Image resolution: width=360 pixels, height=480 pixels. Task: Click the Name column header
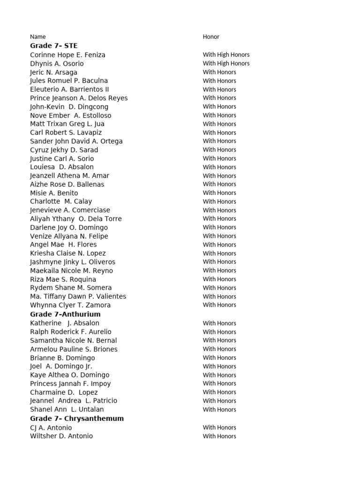tap(38, 37)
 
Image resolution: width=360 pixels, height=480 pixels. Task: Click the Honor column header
tap(211, 37)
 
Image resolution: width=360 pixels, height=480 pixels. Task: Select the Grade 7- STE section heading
tap(54, 46)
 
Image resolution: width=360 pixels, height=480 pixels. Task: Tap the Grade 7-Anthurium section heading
tap(65, 314)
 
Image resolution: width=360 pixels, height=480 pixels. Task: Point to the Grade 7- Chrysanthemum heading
tap(77, 419)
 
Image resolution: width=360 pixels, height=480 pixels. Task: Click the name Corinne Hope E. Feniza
tap(67, 55)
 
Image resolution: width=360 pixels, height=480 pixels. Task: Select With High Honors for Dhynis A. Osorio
tap(226, 63)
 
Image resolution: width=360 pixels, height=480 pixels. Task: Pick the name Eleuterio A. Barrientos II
tap(69, 90)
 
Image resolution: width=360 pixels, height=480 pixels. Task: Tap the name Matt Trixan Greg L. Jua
tap(67, 124)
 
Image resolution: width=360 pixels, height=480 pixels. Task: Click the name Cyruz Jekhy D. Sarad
tap(64, 150)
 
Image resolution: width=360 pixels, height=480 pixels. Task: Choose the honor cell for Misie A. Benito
tap(219, 193)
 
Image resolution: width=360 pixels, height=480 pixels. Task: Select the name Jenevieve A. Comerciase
tap(70, 210)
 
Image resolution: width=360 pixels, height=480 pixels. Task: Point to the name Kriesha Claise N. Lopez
tap(68, 253)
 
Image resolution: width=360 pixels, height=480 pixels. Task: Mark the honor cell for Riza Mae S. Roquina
tap(219, 279)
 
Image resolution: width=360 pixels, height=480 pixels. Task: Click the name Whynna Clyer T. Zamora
tap(70, 305)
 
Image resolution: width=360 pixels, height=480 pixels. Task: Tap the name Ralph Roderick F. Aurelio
tap(71, 332)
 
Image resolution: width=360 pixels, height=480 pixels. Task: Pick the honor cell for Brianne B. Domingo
tap(219, 358)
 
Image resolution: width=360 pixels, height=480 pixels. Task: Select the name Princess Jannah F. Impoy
tap(70, 383)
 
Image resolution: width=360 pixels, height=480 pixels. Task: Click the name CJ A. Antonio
tap(51, 427)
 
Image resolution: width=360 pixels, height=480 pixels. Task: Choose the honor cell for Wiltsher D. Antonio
tap(219, 436)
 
